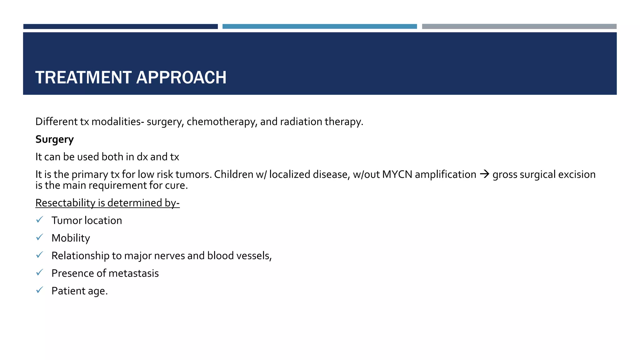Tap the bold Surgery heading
54,139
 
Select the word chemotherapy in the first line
222,122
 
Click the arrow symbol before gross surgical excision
484,174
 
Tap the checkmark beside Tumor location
39,220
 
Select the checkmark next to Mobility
39,237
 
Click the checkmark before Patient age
39,290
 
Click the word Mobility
71,238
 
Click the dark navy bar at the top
120,27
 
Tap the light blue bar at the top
319,27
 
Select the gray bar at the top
519,27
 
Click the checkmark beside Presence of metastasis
39,272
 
